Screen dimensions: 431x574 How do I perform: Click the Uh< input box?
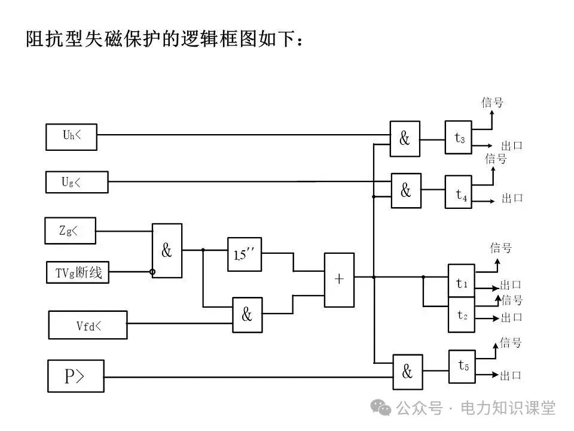pos(72,136)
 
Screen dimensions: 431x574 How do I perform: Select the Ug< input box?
pos(77,182)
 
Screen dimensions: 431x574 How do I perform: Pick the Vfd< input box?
pos(88,324)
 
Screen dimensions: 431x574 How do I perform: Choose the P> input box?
pos(75,376)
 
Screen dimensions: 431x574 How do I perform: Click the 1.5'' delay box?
pos(245,254)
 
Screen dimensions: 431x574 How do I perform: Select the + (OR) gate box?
pos(339,278)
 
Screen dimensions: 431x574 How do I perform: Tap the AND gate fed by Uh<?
pos(405,139)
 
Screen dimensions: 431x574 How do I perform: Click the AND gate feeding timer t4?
pos(406,190)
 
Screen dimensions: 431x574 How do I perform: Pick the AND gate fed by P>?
pos(407,372)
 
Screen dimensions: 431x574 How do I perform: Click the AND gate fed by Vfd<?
pos(247,314)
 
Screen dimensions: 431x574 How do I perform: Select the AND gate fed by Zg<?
pos(167,251)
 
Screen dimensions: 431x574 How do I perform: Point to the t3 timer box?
pos(459,138)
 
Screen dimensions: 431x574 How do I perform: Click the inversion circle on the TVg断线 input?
pos(152,272)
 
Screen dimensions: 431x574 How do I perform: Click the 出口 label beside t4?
pos(512,198)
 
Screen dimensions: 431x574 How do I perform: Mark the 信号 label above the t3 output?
pos(493,102)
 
